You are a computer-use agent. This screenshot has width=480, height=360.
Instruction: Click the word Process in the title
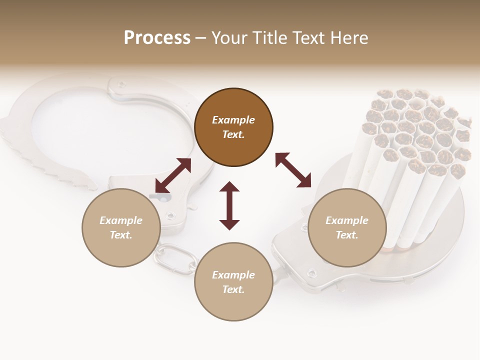157,38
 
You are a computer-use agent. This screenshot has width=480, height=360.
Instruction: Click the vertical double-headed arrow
229,206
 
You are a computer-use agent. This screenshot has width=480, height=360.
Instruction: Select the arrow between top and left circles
173,175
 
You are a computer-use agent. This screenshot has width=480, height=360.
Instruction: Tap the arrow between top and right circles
293,170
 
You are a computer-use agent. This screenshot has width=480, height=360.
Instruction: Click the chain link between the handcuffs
175,258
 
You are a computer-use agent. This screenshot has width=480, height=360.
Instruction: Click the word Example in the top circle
233,120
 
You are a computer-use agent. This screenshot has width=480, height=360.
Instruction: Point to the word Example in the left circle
121,220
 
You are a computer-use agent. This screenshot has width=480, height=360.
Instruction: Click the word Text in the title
308,38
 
